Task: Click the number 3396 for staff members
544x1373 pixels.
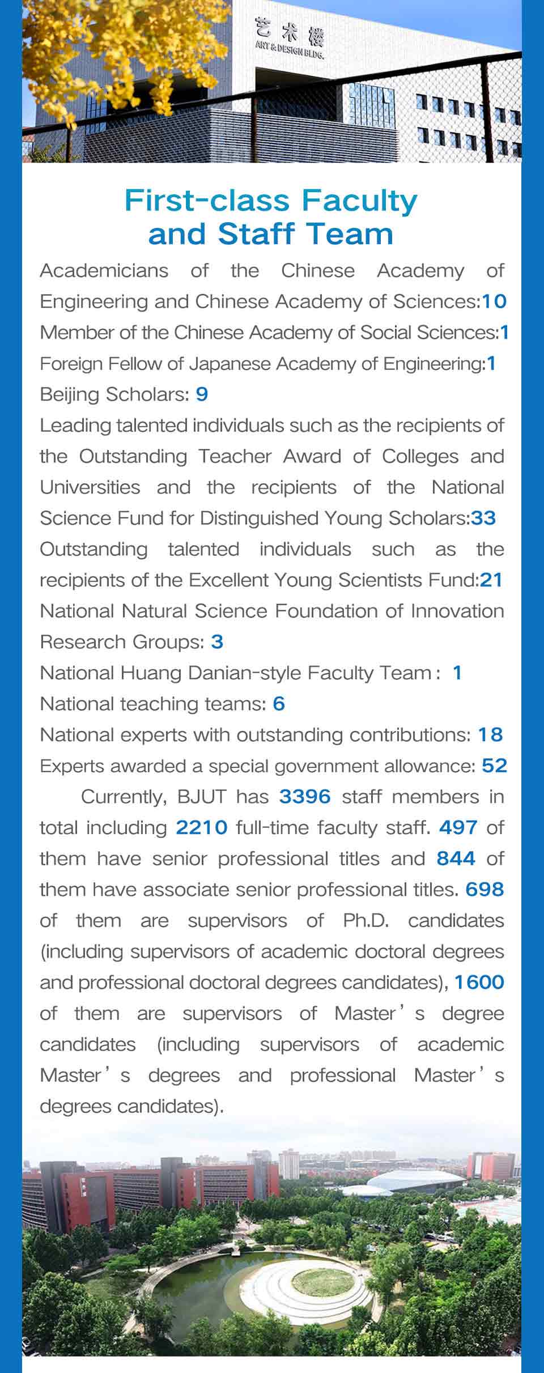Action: (304, 797)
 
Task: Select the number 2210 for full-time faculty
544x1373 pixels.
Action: (201, 828)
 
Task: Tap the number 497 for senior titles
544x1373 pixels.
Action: (458, 828)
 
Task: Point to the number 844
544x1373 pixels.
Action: (456, 858)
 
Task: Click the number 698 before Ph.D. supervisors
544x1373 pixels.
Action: (484, 890)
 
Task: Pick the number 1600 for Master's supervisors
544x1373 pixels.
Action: (479, 982)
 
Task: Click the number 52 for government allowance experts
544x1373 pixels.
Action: (494, 766)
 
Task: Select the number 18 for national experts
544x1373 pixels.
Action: (490, 735)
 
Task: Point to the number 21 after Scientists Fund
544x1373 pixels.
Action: (491, 580)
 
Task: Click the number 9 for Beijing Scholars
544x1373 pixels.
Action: (202, 394)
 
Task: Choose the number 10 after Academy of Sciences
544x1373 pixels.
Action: (494, 301)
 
